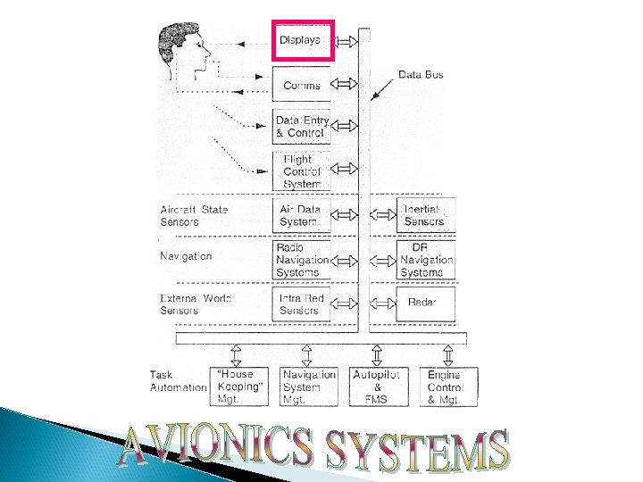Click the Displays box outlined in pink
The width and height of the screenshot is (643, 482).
coord(302,40)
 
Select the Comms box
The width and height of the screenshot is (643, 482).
coord(302,85)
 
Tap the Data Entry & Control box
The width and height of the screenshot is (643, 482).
coord(302,127)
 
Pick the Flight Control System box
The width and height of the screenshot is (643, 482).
coord(302,171)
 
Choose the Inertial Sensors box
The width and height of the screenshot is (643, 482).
coord(426,215)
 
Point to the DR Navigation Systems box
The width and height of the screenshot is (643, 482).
coord(426,259)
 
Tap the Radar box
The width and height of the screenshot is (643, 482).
coord(426,303)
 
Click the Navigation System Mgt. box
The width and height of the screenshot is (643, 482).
coord(309,386)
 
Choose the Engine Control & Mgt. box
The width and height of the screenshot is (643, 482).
coord(448,386)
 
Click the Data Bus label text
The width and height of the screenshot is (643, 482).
coord(421,75)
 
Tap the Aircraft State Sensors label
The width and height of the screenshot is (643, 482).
coord(194,215)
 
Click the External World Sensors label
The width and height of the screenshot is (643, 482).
coord(196,303)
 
